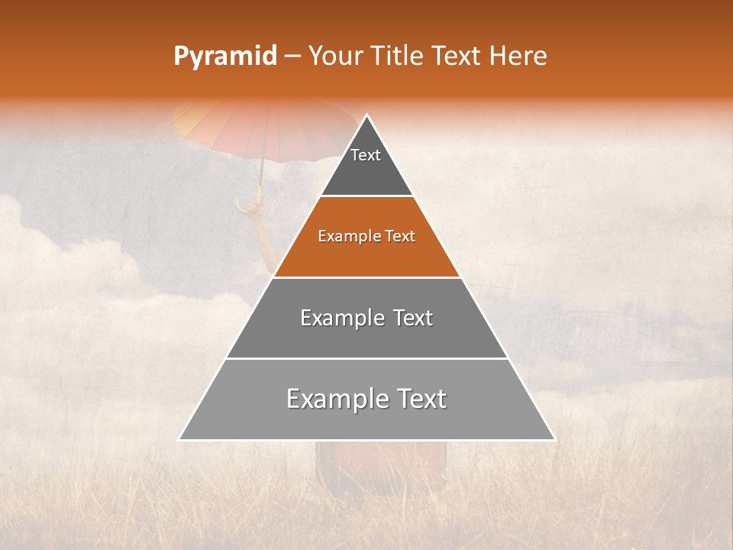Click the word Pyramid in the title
pyautogui.click(x=225, y=57)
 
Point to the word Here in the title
pyautogui.click(x=518, y=56)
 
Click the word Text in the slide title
pyautogui.click(x=457, y=56)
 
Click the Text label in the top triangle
pyautogui.click(x=366, y=155)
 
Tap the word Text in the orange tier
pyautogui.click(x=400, y=236)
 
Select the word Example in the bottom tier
pyautogui.click(x=333, y=399)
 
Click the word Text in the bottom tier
pyautogui.click(x=418, y=399)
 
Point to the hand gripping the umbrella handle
pyautogui.click(x=249, y=205)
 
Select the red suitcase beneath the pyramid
pyautogui.click(x=382, y=466)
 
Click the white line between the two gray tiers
pyautogui.click(x=366, y=358)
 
